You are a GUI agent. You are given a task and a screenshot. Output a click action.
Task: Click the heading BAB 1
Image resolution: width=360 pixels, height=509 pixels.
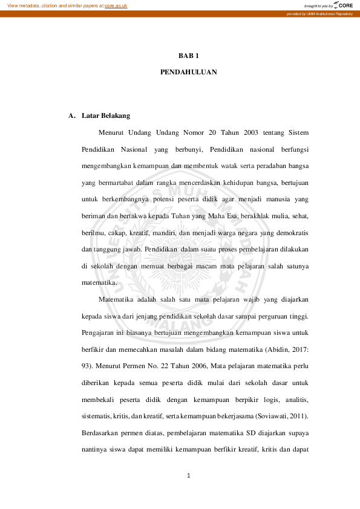[x=189, y=56]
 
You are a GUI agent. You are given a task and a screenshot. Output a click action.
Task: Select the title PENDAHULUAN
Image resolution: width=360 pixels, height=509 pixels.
[x=189, y=72]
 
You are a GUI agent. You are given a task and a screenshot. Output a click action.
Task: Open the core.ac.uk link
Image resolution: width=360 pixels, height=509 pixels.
[x=116, y=5]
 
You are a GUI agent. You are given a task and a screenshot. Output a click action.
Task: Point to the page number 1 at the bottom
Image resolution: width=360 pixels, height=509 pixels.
[x=189, y=476]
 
